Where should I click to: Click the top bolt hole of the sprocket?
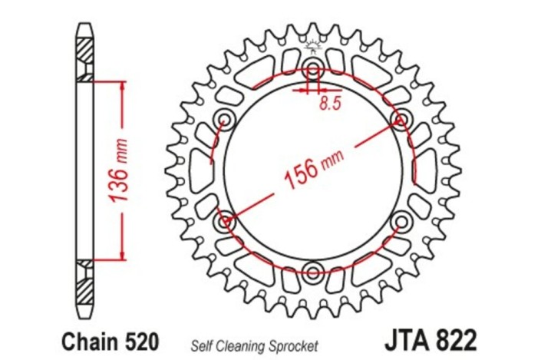[313, 65]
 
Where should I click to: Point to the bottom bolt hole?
[313, 272]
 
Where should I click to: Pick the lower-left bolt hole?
[225, 222]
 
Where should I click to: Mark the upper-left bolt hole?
[225, 118]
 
